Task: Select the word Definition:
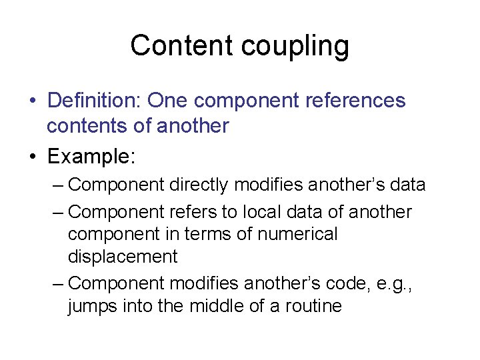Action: coord(95,101)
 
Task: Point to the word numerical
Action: coord(299,234)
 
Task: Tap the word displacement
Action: coord(123,256)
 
